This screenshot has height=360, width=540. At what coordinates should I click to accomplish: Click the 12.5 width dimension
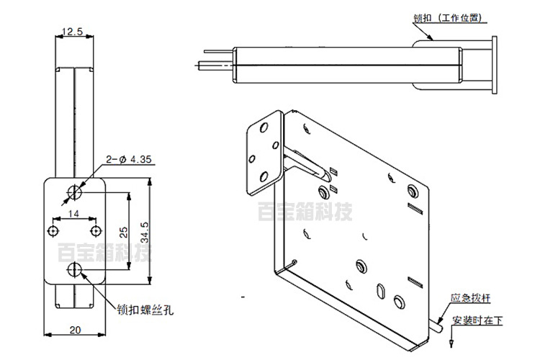(72, 32)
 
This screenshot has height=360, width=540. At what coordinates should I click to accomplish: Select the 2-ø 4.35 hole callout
(128, 160)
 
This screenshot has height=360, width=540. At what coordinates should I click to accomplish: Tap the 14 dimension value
(73, 214)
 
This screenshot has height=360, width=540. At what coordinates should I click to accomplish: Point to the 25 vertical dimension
(124, 232)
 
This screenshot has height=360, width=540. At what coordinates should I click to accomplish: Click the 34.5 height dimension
(145, 232)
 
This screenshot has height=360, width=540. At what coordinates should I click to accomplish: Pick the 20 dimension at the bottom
(75, 330)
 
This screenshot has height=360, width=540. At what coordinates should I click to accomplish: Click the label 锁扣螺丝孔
(145, 310)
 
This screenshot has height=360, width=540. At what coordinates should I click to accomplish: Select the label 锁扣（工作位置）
(447, 17)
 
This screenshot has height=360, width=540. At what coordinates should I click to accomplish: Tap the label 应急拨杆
(470, 298)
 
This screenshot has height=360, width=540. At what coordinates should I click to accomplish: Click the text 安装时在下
(477, 320)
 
